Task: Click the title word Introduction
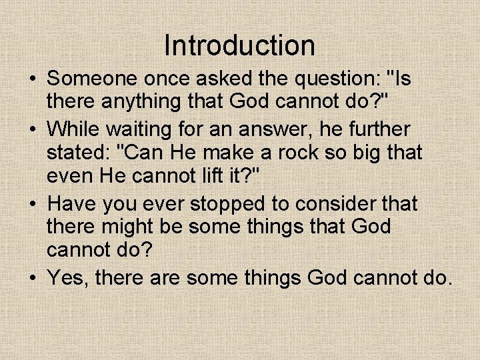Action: coord(239,45)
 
